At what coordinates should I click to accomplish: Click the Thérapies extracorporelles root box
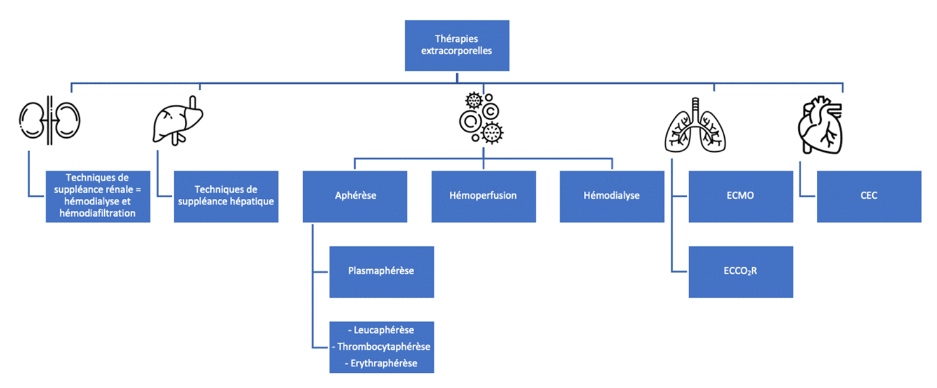click(457, 45)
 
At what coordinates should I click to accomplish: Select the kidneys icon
click(50, 121)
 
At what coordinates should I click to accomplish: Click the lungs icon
click(695, 127)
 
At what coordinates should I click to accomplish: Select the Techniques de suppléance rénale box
click(98, 196)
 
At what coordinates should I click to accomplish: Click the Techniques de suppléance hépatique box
click(226, 196)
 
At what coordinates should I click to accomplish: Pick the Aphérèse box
click(354, 196)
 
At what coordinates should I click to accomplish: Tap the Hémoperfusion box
click(483, 196)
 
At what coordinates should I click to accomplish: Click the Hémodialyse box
click(611, 196)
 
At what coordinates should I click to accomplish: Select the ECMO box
click(741, 196)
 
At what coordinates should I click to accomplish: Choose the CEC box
click(868, 196)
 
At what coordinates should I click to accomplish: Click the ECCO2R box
click(741, 272)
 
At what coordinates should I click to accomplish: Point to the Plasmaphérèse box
click(381, 272)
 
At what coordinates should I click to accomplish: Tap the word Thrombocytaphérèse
click(384, 347)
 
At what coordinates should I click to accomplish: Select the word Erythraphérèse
click(383, 363)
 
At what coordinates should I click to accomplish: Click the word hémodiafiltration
click(97, 213)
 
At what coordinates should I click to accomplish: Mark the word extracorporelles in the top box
click(456, 51)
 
